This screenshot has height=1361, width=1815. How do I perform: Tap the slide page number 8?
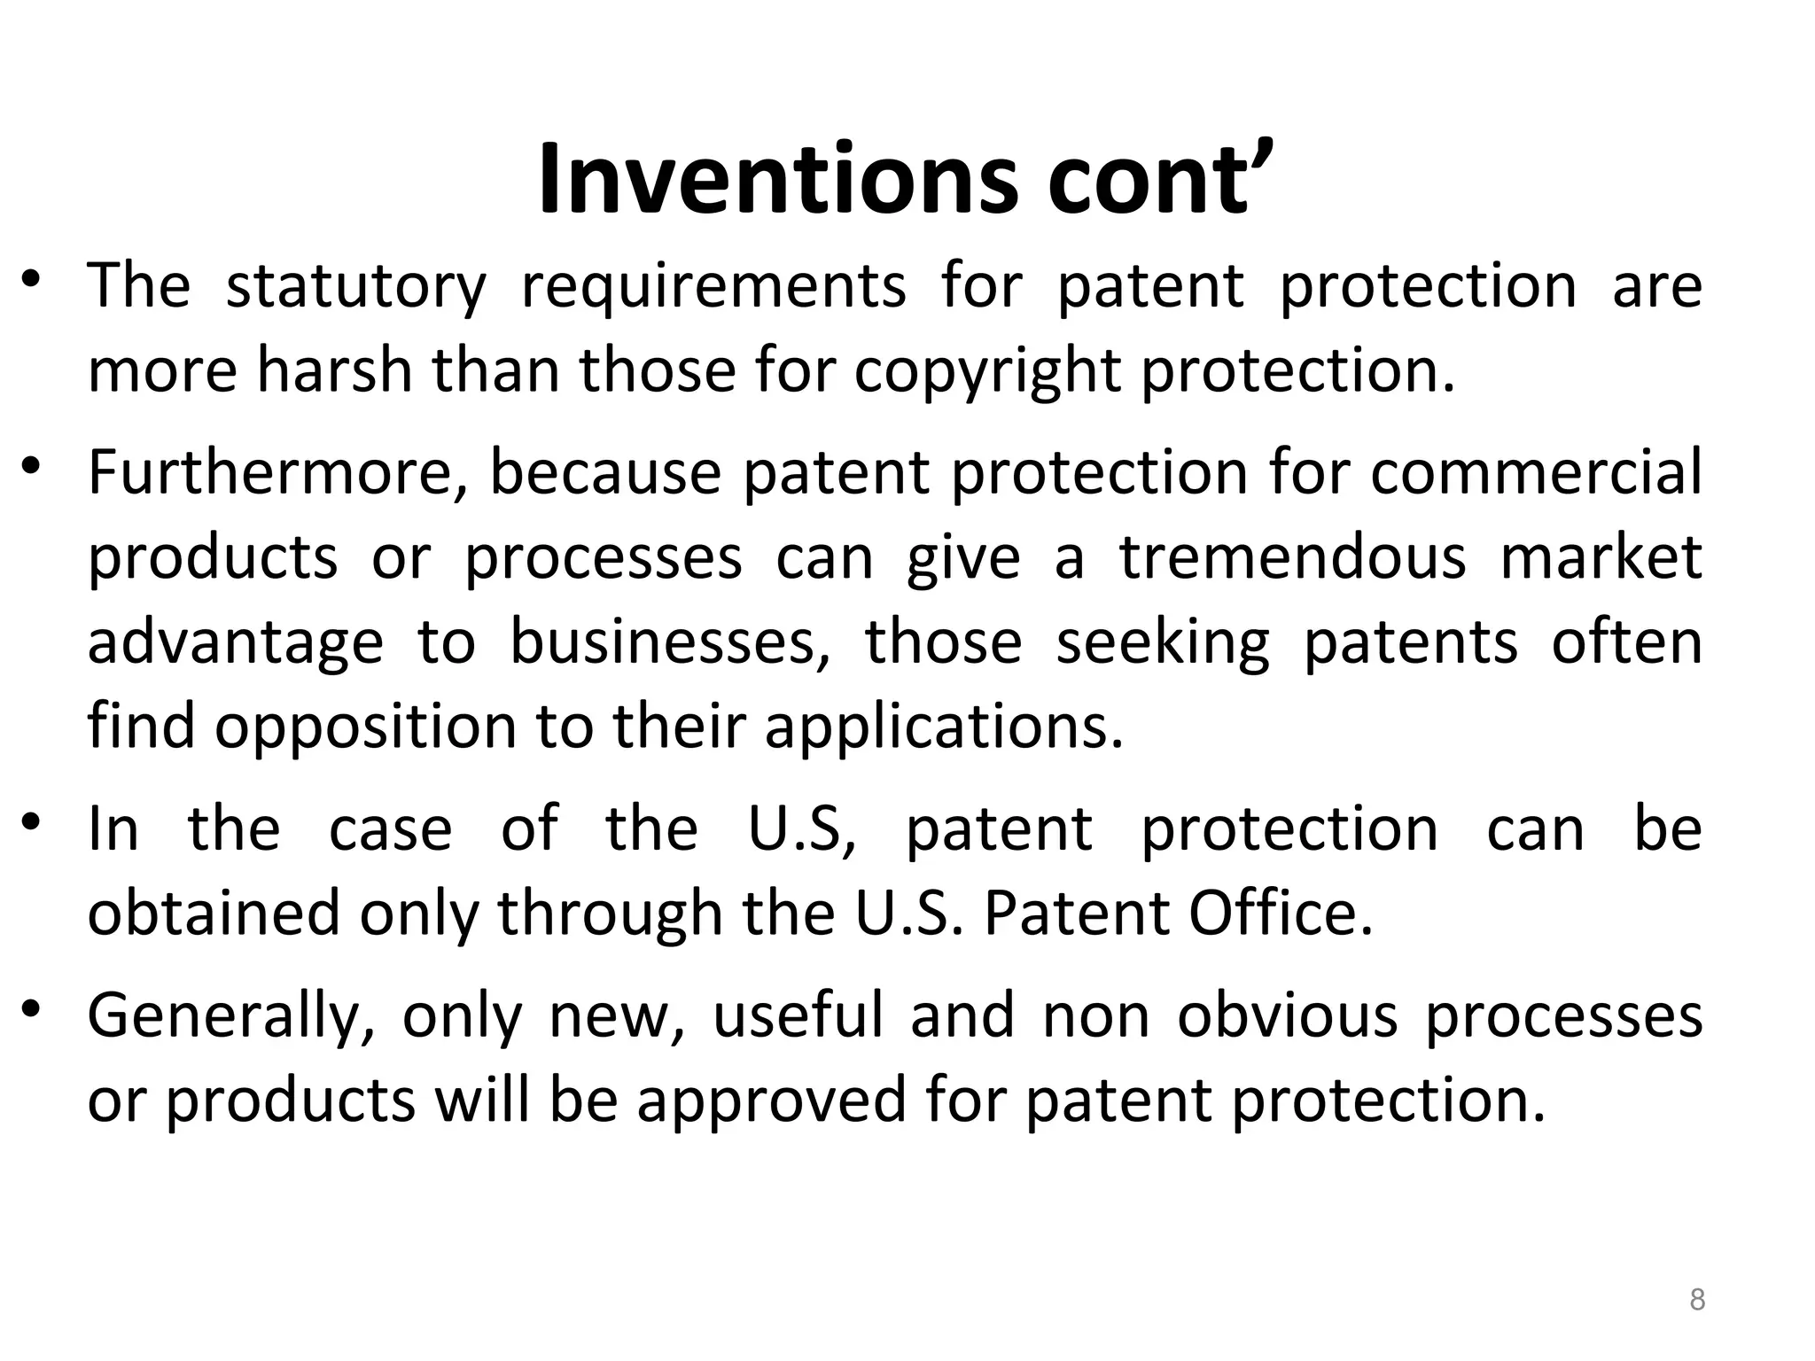[x=1696, y=1300]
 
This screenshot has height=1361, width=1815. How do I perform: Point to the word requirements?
[x=713, y=287]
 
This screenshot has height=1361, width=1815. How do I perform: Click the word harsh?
[x=335, y=370]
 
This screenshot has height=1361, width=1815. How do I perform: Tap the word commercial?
[x=1536, y=472]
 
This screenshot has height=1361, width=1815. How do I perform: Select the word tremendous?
[x=1293, y=557]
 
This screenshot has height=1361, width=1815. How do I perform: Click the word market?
[x=1601, y=557]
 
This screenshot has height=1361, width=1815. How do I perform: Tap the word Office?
[x=1281, y=914]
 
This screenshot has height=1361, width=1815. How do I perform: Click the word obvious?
[x=1288, y=1015]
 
